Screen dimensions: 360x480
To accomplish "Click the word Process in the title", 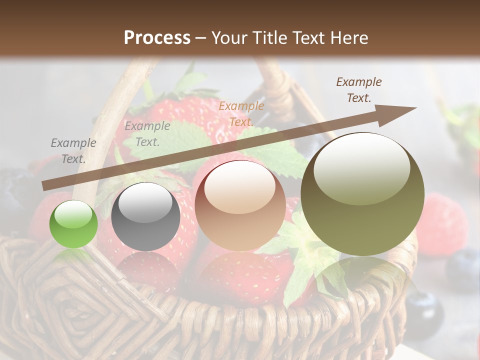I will pos(157,37).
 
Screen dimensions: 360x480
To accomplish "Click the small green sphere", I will pos(73,224).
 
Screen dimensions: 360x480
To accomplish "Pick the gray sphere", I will pos(145,217).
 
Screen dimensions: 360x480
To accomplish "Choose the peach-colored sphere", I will pos(240,205).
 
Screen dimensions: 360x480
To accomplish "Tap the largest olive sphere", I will pos(362,194).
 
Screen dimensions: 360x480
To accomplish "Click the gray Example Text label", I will pos(73,151).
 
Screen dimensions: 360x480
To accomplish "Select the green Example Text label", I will pos(147,134).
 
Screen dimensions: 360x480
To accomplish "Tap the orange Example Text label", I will pos(241,113).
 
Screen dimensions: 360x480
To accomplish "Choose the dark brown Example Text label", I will pos(358,90).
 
